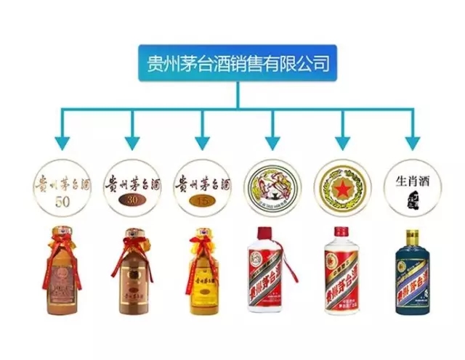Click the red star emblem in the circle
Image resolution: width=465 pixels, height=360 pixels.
(x=342, y=187)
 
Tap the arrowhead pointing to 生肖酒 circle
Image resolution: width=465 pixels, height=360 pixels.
(x=412, y=141)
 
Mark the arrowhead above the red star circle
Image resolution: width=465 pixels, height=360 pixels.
(x=342, y=141)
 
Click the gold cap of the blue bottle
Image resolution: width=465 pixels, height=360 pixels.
(x=412, y=237)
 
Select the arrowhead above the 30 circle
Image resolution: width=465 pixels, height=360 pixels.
(x=132, y=141)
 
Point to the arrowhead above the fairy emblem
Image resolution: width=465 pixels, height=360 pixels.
(x=272, y=141)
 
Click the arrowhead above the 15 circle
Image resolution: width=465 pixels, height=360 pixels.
(x=202, y=141)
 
